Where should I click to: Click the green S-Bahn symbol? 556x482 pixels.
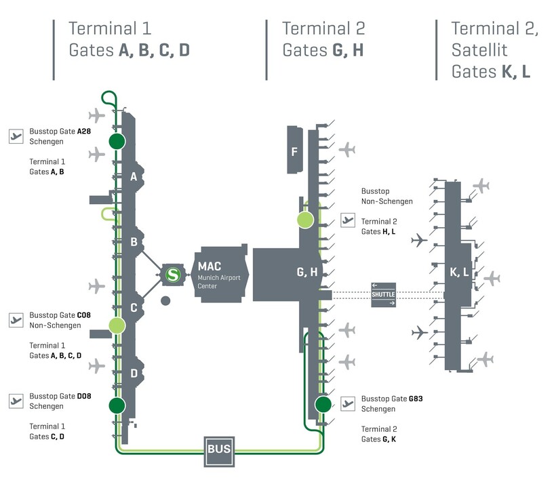click(x=173, y=275)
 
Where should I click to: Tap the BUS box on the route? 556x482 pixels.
click(x=218, y=449)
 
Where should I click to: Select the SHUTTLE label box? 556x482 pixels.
click(x=383, y=294)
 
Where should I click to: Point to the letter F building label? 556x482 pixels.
click(x=294, y=151)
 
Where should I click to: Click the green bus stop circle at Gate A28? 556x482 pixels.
click(x=117, y=141)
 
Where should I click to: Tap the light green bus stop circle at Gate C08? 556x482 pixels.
click(x=117, y=325)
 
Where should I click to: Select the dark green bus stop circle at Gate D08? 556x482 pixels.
click(x=117, y=405)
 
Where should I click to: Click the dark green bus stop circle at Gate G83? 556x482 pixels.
click(x=323, y=405)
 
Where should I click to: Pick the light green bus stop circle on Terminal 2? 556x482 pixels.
click(x=304, y=220)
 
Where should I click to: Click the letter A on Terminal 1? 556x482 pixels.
click(x=134, y=178)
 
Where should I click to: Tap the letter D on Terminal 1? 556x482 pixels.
click(x=134, y=373)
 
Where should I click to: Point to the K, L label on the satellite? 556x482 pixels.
click(x=460, y=273)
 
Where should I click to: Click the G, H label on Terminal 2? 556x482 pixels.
click(x=307, y=273)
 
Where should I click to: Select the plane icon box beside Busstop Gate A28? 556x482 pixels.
click(x=16, y=136)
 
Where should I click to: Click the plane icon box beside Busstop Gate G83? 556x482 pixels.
click(x=349, y=405)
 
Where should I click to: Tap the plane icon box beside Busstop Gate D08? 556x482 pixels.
click(x=16, y=401)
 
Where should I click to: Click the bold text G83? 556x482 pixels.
click(x=416, y=399)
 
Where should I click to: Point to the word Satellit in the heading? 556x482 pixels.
click(x=479, y=50)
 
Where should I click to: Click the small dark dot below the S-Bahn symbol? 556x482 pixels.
click(x=165, y=300)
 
